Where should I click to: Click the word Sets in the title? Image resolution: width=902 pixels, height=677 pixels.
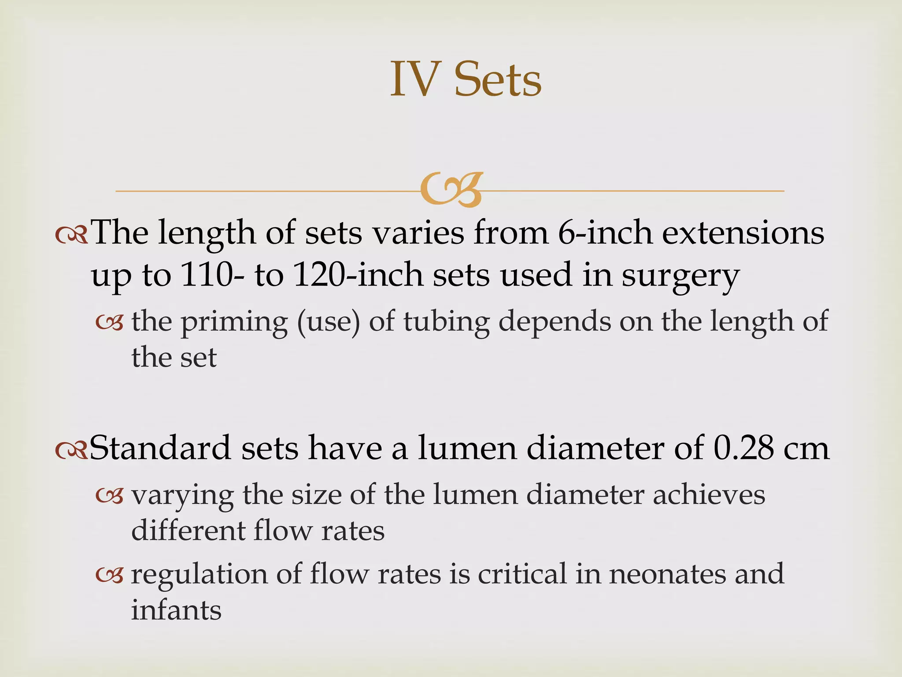(x=498, y=80)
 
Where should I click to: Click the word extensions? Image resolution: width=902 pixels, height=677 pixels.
(x=743, y=234)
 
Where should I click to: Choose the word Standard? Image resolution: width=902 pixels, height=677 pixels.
(x=160, y=448)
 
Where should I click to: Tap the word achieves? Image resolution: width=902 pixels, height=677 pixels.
(x=709, y=495)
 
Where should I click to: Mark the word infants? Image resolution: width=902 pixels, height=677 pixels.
(x=176, y=610)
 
